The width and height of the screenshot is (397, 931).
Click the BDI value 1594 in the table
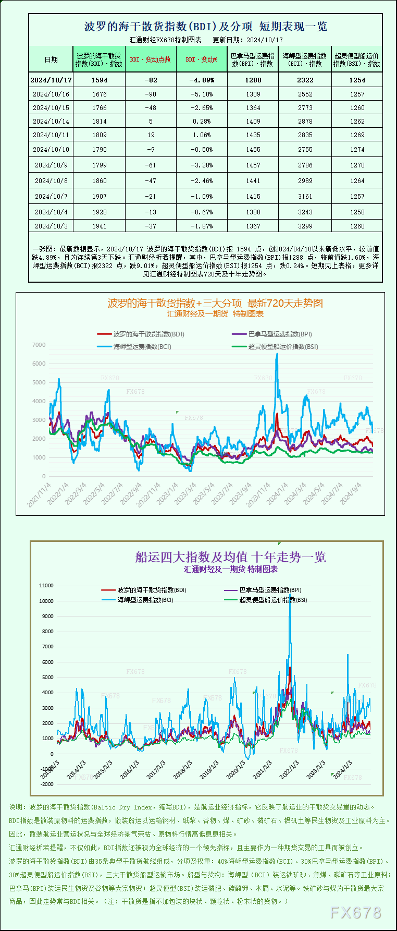99,80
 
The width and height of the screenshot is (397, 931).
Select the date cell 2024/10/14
51,122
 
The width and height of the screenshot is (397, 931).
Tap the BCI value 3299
305,226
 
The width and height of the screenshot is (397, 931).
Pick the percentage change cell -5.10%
202,94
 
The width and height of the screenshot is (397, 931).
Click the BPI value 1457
253,165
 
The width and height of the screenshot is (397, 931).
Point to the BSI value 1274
357,149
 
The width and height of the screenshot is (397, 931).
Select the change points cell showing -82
151,80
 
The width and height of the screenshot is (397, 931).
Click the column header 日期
51,59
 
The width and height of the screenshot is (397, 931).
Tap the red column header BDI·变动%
202,59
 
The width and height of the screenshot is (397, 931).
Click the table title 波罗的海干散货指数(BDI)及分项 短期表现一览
205,26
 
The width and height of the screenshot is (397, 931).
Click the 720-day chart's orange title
215,303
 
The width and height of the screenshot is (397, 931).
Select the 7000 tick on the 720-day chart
39,345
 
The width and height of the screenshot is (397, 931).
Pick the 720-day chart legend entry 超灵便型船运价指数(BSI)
283,347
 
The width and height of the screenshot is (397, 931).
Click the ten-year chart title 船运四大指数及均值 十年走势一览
230,557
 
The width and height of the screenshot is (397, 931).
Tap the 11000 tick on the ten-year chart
46,586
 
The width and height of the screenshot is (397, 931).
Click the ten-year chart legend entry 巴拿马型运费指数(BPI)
270,590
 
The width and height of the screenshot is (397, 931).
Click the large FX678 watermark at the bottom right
356,912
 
